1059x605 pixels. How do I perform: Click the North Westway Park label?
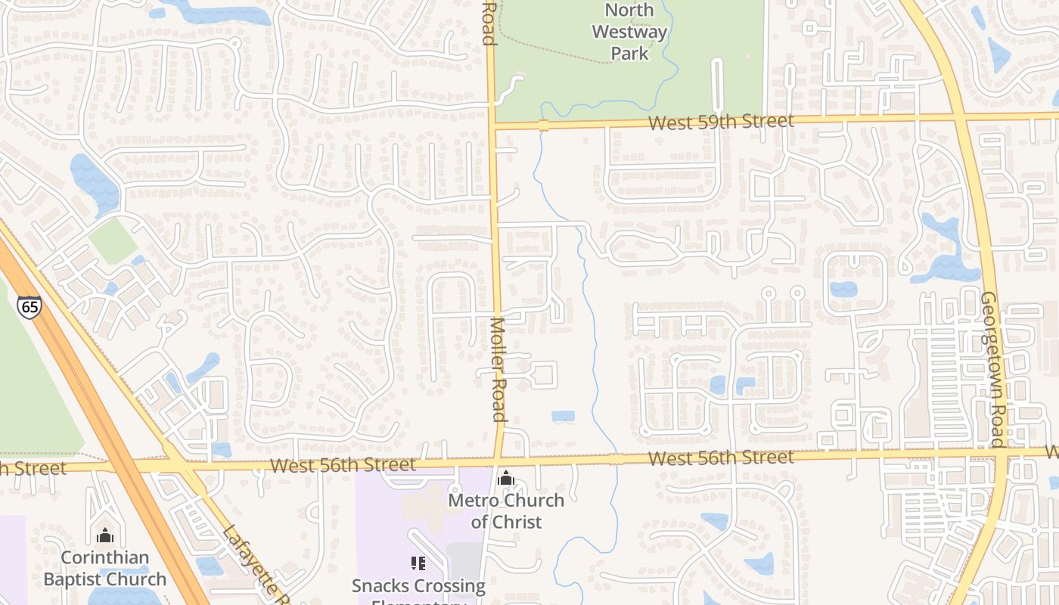629,32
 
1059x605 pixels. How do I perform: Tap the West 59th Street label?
721,122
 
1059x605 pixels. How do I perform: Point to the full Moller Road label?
497,369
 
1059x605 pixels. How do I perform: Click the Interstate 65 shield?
29,306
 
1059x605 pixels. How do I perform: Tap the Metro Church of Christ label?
506,510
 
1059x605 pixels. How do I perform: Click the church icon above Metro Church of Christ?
506,478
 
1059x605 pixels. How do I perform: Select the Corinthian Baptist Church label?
105,569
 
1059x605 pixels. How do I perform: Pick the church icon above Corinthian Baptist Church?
105,536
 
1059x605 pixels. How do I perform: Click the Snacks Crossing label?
418,586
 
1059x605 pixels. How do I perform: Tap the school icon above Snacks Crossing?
418,563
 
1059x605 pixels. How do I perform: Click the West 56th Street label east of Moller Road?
721,458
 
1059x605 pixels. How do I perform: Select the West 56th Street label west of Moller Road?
343,464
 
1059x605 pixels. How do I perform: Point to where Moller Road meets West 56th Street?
498,461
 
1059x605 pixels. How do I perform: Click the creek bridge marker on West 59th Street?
543,125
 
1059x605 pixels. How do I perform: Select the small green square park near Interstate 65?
113,241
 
